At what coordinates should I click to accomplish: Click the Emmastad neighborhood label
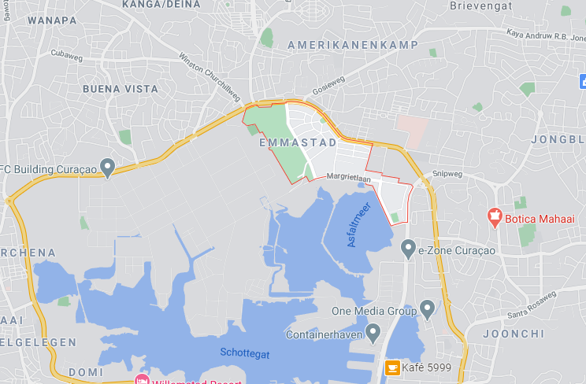tap(298, 143)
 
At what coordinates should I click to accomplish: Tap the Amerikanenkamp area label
tap(352, 46)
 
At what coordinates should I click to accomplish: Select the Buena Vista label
tap(120, 90)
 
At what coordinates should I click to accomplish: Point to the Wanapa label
tap(51, 20)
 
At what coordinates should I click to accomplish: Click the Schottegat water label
tap(245, 354)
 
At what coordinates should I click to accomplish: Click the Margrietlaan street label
tap(348, 178)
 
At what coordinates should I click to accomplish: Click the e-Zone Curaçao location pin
tap(408, 249)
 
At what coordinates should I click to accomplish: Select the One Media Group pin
tap(428, 308)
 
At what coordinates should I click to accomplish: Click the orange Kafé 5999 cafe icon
tap(391, 367)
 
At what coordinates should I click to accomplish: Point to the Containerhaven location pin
tap(373, 332)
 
